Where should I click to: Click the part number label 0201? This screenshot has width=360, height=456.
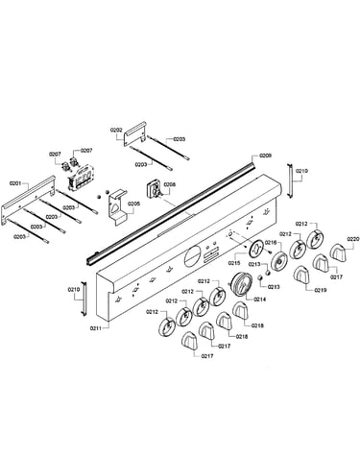pyautogui.click(x=15, y=183)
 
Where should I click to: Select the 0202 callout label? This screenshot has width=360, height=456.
pyautogui.click(x=116, y=130)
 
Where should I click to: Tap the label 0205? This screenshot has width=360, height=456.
pyautogui.click(x=133, y=204)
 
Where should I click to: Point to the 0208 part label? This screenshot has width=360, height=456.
pyautogui.click(x=169, y=184)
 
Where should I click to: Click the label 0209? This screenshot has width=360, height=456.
pyautogui.click(x=265, y=156)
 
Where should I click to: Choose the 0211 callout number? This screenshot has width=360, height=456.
pyautogui.click(x=96, y=327)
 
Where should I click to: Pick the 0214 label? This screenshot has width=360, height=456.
pyautogui.click(x=259, y=300)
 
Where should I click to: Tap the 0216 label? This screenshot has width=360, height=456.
pyautogui.click(x=270, y=243)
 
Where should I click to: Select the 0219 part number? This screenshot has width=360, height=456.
pyautogui.click(x=321, y=290)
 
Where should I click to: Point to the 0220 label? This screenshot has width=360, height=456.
pyautogui.click(x=353, y=239)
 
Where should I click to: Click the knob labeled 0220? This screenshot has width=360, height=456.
pyautogui.click(x=339, y=252)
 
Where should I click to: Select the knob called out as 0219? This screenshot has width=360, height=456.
pyautogui.click(x=302, y=275)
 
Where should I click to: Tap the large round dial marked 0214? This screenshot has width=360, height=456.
pyautogui.click(x=242, y=283)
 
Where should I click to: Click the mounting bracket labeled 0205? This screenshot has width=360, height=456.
pyautogui.click(x=117, y=207)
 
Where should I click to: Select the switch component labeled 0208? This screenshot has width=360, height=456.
pyautogui.click(x=153, y=189)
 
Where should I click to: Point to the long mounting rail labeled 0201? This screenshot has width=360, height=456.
pyautogui.click(x=28, y=199)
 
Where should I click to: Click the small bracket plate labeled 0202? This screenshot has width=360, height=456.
pyautogui.click(x=134, y=133)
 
